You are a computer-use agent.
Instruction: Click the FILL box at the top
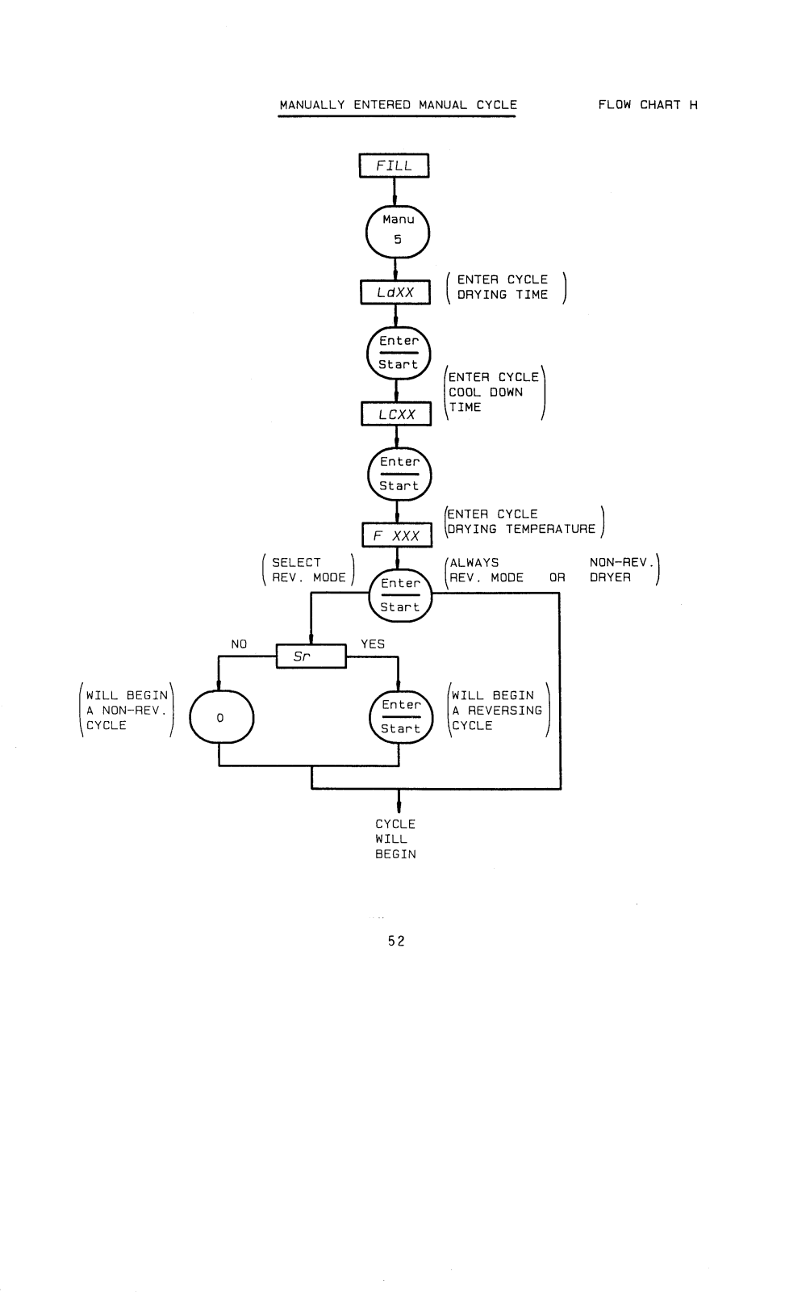(x=394, y=166)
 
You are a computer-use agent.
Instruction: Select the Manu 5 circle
(x=398, y=231)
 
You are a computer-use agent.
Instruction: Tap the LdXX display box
(x=395, y=292)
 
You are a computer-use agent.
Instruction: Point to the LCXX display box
(x=396, y=414)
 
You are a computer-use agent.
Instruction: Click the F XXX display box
(x=397, y=535)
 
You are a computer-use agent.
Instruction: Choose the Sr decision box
(x=311, y=656)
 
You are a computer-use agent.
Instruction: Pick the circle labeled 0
(x=221, y=717)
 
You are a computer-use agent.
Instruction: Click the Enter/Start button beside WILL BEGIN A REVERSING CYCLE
(x=401, y=717)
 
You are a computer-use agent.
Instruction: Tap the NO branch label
(x=239, y=644)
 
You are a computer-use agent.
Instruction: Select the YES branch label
(x=373, y=644)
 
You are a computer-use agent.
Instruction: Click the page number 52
(x=396, y=941)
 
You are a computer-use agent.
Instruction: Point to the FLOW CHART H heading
(x=648, y=105)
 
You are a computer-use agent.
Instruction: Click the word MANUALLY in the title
(x=312, y=105)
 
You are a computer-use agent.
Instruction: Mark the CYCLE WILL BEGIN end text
(x=395, y=839)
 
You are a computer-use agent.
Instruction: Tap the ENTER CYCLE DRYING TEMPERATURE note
(x=522, y=522)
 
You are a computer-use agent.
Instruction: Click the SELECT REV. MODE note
(x=308, y=570)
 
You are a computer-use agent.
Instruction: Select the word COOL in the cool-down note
(x=465, y=392)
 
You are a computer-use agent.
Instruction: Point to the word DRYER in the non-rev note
(x=610, y=578)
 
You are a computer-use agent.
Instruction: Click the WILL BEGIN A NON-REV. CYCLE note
(x=127, y=711)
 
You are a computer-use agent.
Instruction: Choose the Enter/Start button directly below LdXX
(x=399, y=353)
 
